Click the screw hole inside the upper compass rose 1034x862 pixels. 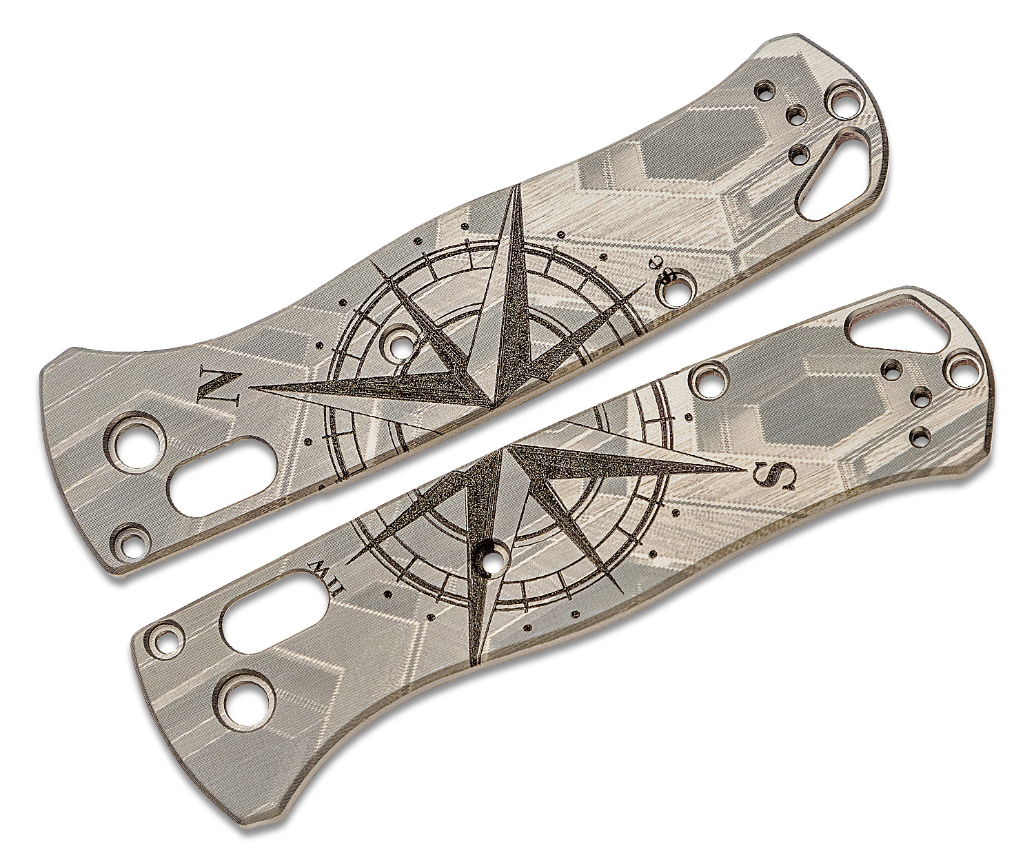pyautogui.click(x=398, y=341)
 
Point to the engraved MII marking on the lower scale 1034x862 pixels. pyautogui.click(x=321, y=569)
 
